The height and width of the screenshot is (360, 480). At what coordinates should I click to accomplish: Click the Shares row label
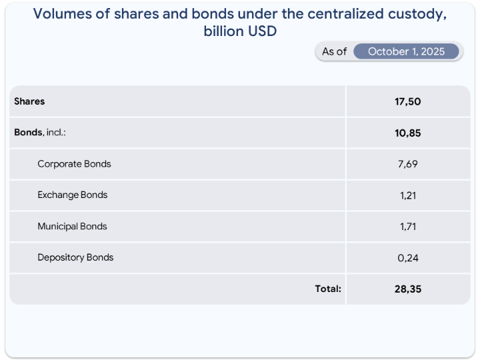point(29,101)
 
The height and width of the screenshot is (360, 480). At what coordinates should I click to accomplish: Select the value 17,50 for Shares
point(408,101)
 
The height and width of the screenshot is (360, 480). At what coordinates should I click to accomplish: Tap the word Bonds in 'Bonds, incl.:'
point(29,133)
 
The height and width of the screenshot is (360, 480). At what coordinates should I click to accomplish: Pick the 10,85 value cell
point(408,133)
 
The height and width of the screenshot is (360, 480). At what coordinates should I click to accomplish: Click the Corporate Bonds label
point(74,164)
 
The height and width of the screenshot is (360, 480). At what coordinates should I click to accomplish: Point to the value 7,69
point(408,164)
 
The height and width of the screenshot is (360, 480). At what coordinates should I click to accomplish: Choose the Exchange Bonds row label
point(72,195)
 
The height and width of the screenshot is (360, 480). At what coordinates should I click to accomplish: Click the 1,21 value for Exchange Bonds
point(408,195)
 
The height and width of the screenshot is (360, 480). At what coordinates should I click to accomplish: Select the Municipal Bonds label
point(72,227)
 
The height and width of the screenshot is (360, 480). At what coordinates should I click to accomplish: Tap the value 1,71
point(408,227)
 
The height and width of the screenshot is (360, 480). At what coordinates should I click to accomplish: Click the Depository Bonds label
point(75,258)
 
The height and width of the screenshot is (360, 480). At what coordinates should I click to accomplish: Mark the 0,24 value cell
point(408,258)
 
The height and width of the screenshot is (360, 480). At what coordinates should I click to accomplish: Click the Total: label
point(328,289)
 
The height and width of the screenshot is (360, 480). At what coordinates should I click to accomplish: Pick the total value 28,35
point(408,289)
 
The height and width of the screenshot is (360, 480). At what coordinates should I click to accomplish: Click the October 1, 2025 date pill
point(406,51)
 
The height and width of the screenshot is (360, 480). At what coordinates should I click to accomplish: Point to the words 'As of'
point(334,51)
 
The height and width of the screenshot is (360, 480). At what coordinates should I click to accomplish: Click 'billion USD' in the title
point(240,31)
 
